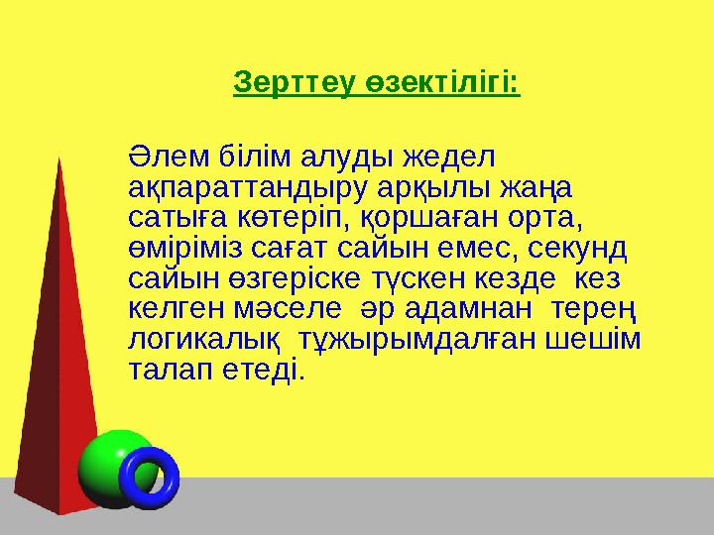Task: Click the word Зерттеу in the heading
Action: (x=283, y=82)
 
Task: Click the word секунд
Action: (x=586, y=244)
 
